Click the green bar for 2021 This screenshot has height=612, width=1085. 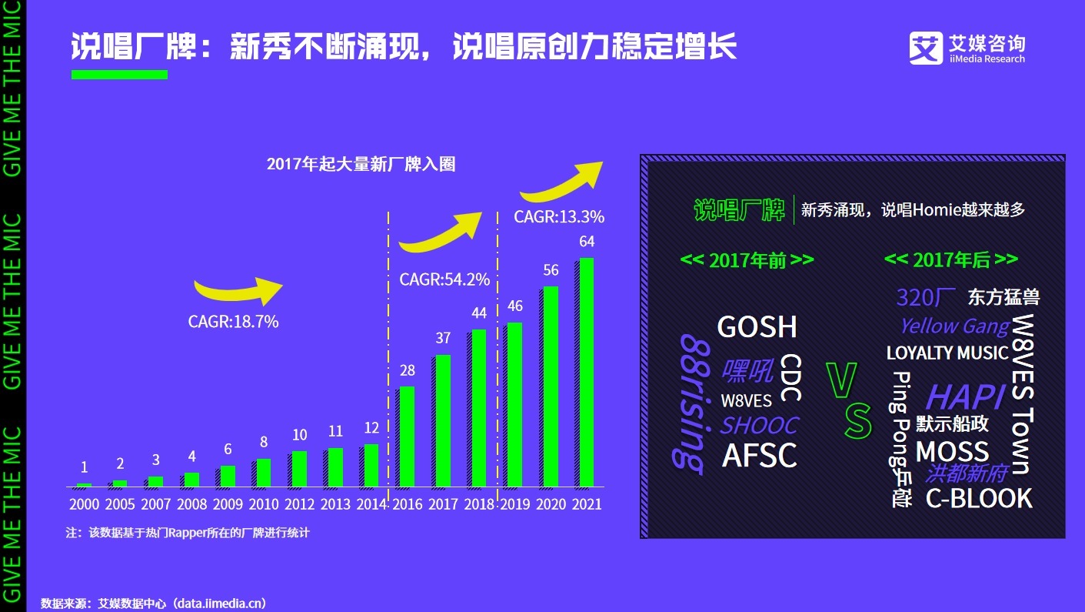[x=586, y=373]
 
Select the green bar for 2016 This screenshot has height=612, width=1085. [x=407, y=436]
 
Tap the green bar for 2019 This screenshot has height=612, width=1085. [x=514, y=405]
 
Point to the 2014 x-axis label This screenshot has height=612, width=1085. [x=372, y=505]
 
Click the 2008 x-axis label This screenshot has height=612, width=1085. [x=191, y=505]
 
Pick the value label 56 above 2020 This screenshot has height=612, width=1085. [x=551, y=270]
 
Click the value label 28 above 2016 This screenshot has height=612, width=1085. [x=407, y=370]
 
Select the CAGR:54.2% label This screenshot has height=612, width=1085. [x=444, y=279]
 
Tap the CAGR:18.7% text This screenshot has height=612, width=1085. [x=233, y=322]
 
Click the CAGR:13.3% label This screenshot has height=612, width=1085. [x=559, y=217]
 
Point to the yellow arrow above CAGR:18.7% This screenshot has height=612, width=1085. [x=238, y=290]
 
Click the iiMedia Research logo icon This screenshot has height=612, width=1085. [x=926, y=48]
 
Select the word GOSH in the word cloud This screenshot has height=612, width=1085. [x=757, y=327]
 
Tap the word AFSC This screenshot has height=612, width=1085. [x=760, y=456]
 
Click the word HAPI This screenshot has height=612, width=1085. [x=965, y=397]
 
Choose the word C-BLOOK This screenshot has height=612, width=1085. [x=978, y=499]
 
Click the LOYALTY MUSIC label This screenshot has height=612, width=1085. [x=947, y=353]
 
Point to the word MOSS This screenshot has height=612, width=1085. [x=952, y=451]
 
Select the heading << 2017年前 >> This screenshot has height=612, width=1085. [x=747, y=260]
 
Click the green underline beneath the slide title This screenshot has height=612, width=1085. [x=119, y=75]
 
